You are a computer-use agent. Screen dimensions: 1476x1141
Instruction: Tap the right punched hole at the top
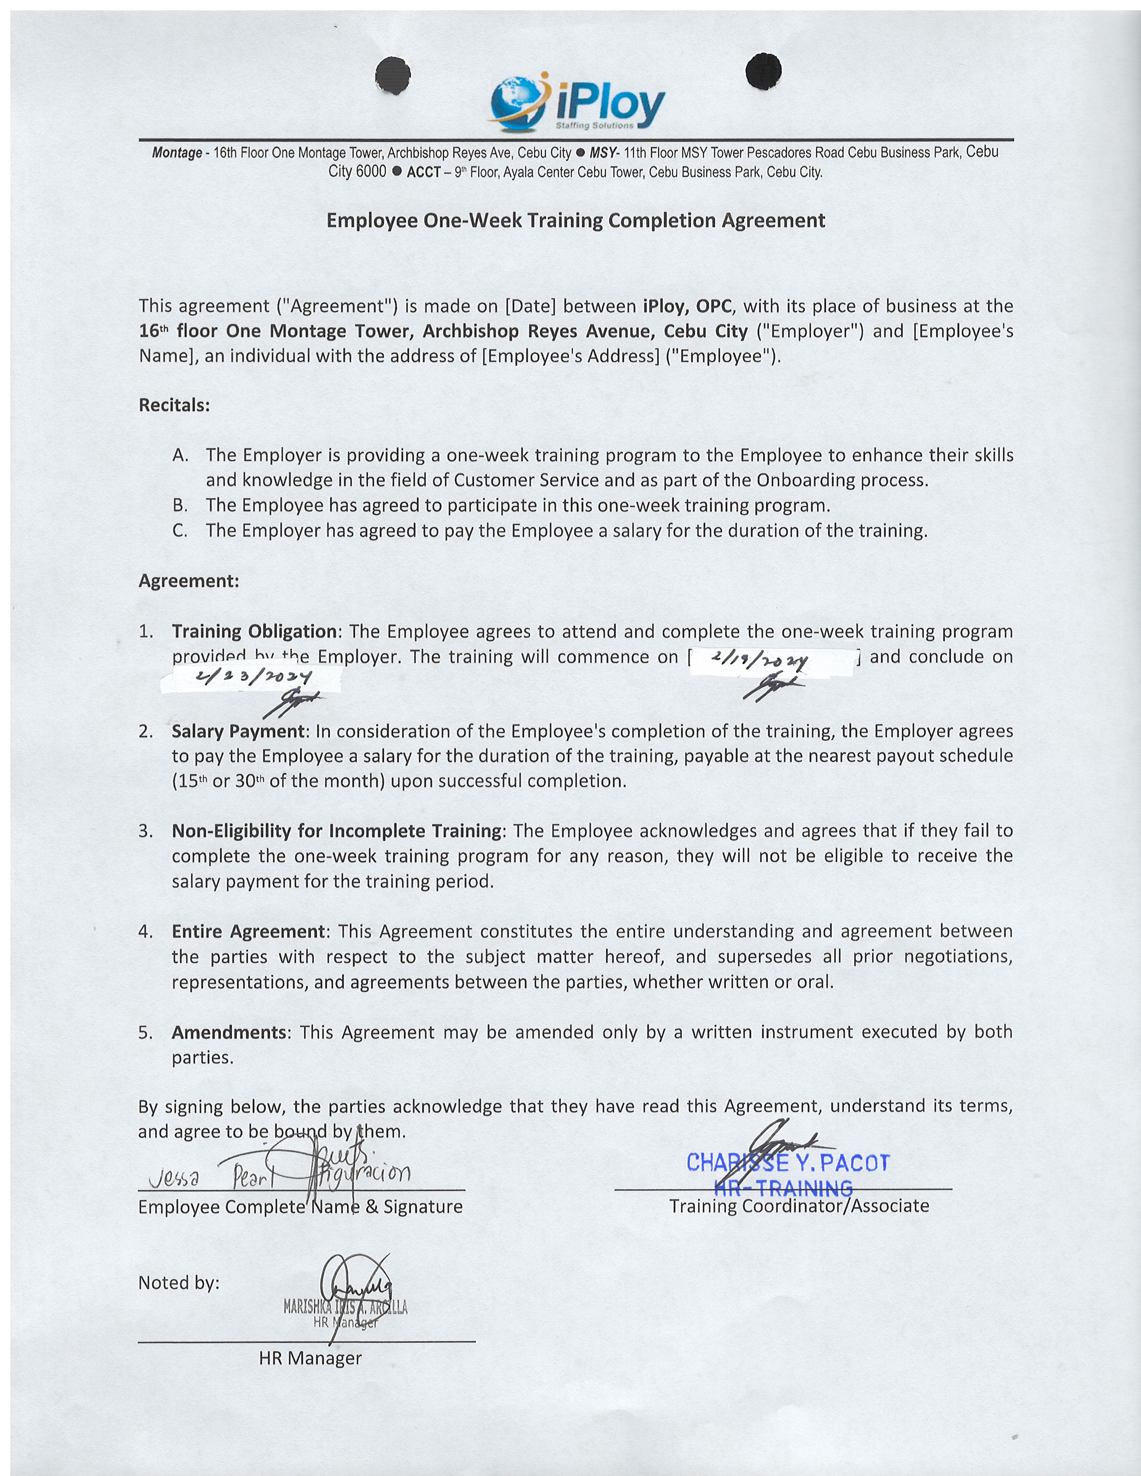[x=763, y=70]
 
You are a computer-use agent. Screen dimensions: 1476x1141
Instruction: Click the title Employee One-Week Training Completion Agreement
[x=575, y=221]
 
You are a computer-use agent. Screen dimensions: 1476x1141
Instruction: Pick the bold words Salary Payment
[x=238, y=731]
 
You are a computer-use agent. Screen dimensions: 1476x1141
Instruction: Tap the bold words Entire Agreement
[x=248, y=931]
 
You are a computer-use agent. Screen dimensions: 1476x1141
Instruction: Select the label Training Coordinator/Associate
[x=799, y=1206]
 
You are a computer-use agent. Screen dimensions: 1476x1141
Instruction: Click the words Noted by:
[x=179, y=1283]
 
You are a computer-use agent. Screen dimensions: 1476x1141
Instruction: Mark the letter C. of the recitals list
[x=180, y=530]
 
